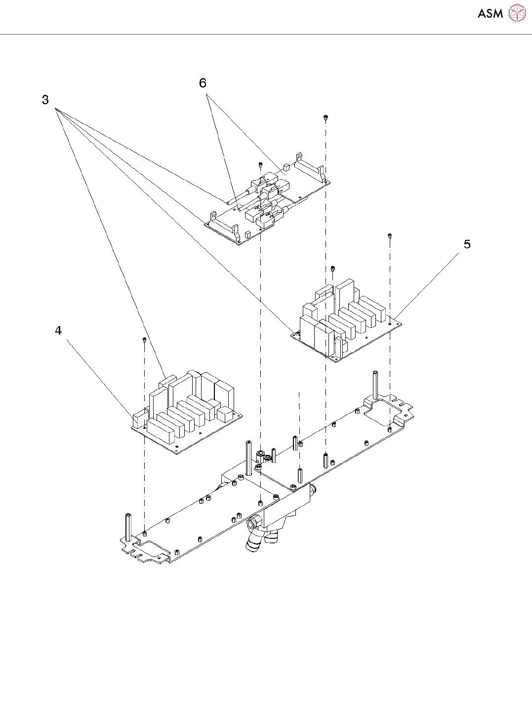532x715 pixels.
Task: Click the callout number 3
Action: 45,100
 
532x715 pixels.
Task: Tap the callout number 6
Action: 203,83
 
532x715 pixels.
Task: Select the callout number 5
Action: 467,244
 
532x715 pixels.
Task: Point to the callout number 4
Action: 58,331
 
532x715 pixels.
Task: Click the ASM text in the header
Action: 490,13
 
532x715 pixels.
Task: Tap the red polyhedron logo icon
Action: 517,13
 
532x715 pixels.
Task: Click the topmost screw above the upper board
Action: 326,117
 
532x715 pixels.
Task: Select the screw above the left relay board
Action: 144,339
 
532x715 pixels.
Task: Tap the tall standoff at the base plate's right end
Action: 376,385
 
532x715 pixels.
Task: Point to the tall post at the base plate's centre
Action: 248,458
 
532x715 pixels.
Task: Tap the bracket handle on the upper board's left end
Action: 222,223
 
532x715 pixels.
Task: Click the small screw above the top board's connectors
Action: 260,164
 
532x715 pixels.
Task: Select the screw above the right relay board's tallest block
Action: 333,268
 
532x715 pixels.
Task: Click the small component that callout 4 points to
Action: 138,418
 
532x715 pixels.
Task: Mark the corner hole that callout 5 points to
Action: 390,323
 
